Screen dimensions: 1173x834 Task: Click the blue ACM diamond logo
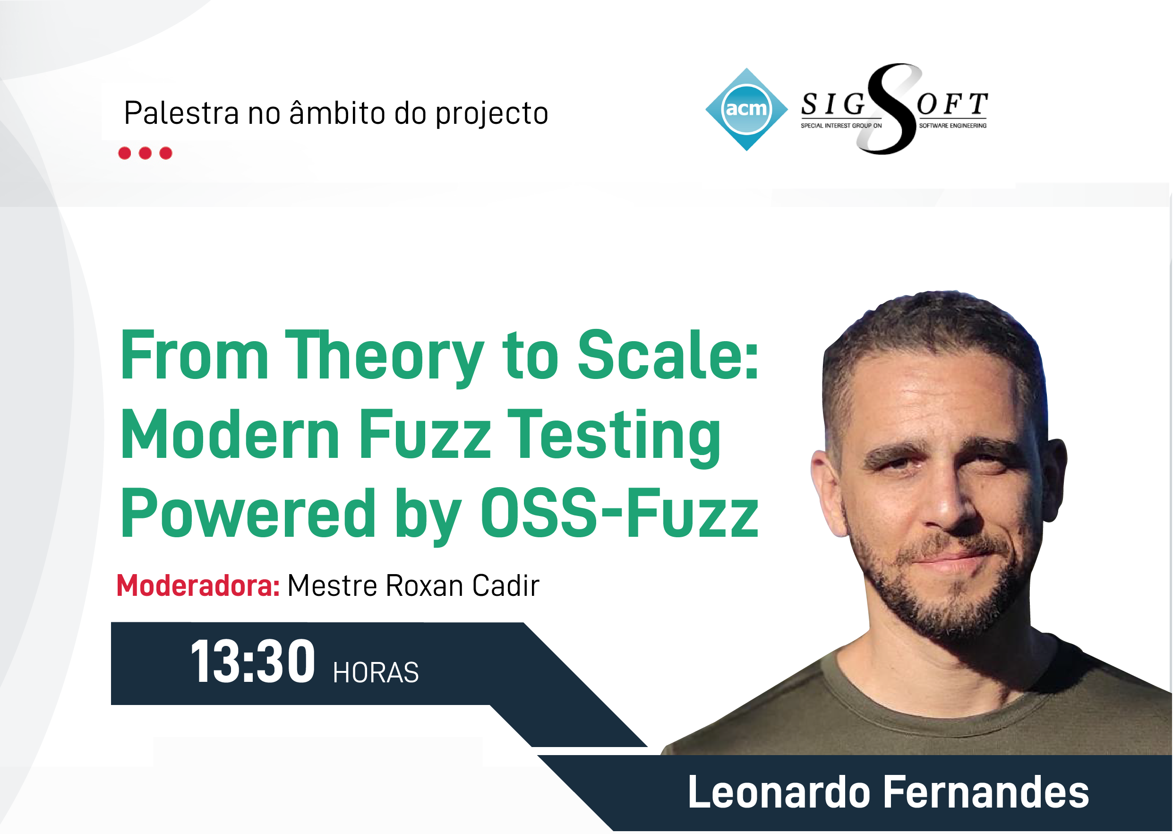[x=746, y=109]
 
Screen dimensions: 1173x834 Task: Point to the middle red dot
[x=146, y=153]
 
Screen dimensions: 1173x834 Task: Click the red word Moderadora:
[x=198, y=585]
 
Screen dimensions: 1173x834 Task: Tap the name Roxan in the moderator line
[x=425, y=586]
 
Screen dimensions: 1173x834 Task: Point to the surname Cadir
[x=505, y=585]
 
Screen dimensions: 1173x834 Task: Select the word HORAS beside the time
[x=376, y=673]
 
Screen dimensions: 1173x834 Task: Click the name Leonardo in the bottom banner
[x=779, y=792]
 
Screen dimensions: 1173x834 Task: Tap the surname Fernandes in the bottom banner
[x=985, y=792]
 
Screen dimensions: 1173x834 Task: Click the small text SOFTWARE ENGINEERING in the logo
[x=953, y=126]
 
